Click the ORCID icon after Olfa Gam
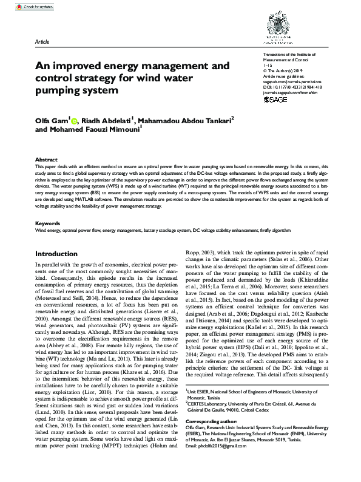[75, 120]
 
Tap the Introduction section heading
[61, 254]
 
